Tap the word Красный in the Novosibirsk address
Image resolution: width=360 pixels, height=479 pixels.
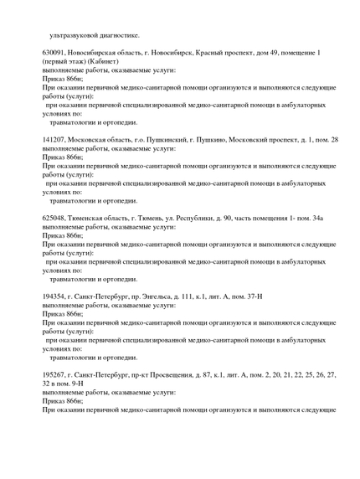coord(195,52)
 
